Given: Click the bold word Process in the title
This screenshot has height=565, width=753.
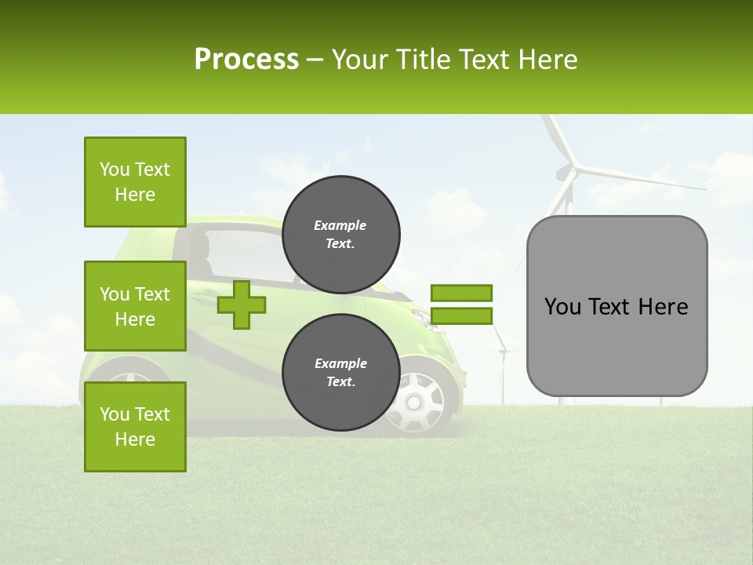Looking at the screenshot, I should tap(246, 60).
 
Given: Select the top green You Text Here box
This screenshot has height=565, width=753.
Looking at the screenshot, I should tap(135, 182).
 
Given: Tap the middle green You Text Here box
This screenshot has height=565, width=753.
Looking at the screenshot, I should tap(135, 306).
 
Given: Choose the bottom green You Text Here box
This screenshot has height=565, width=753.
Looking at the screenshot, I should tap(135, 426).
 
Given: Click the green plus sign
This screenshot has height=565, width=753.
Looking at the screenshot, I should tap(242, 304).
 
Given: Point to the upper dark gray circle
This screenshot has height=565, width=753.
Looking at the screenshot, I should tap(340, 235).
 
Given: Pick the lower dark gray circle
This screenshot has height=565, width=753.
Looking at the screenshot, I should tap(340, 373).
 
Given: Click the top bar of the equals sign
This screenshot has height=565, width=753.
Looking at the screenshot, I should tap(461, 293).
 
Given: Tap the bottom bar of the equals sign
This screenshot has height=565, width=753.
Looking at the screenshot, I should tap(461, 315).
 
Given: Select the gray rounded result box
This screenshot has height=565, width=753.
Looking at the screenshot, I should tap(617, 306).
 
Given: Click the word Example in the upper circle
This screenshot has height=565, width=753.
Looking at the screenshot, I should tap(340, 225).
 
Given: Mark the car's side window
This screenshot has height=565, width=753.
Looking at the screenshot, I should tap(239, 255).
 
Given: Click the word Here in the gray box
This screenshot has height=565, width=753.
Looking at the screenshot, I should tap(663, 306).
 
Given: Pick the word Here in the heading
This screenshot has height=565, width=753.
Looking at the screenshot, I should tap(547, 60).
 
